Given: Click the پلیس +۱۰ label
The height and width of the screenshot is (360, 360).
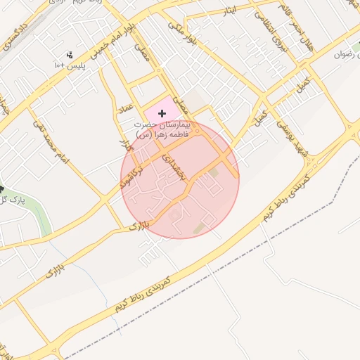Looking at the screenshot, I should pos(69,65).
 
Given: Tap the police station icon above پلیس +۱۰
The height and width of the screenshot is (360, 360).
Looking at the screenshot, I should pos(70,54).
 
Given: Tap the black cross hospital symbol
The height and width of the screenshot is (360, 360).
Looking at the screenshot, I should pos(162,113).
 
